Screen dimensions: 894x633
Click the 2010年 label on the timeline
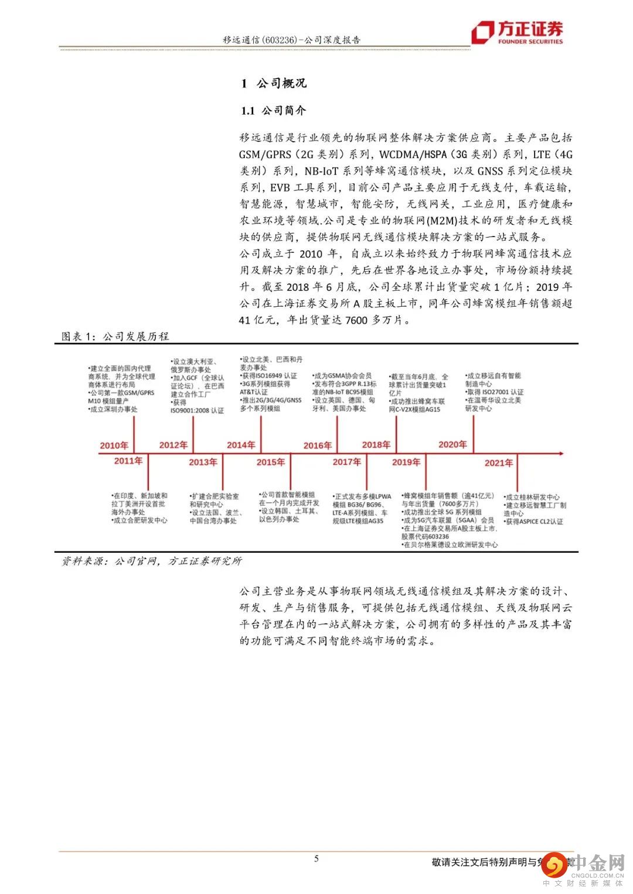(114, 446)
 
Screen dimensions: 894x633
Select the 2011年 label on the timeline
(128, 461)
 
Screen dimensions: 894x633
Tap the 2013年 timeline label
(203, 462)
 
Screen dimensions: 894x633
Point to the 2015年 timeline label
(270, 462)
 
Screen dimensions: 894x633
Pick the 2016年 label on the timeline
(318, 446)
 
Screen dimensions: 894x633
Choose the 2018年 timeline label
(376, 445)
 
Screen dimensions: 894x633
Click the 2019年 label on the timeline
(406, 462)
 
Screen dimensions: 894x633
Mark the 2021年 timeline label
(499, 463)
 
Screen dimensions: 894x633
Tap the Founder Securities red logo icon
(483, 33)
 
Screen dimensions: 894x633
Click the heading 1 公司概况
(274, 83)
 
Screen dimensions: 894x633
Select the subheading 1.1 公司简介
(274, 111)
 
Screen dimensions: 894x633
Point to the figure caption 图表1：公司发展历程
(115, 336)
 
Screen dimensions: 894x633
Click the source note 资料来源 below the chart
(152, 561)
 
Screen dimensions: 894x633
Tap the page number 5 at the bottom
(316, 859)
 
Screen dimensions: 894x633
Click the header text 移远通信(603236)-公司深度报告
(292, 40)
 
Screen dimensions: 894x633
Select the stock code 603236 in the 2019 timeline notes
(435, 536)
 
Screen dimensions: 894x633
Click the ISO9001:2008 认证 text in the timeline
(198, 410)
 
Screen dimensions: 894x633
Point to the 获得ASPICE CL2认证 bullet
(534, 521)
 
